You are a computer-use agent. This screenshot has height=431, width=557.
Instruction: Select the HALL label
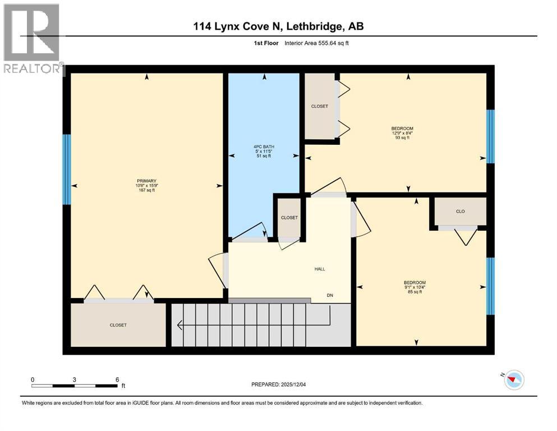tap(319, 269)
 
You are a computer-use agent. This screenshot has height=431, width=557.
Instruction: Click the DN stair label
tap(331, 295)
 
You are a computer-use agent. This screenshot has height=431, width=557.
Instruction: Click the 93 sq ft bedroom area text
tap(402, 137)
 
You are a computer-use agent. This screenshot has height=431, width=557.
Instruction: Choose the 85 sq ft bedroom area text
tap(415, 292)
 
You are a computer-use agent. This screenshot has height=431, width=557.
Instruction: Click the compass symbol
tap(513, 381)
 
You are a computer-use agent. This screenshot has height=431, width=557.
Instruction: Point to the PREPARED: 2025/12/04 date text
tap(283, 384)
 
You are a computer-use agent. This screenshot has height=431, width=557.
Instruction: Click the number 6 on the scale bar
tap(117, 379)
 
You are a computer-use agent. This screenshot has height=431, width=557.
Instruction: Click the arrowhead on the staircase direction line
tap(179, 325)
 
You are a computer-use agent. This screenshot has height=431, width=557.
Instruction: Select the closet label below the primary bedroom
tap(118, 325)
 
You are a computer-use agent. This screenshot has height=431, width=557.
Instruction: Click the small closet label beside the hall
tap(289, 218)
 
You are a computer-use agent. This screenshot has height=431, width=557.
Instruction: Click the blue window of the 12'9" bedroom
tap(490, 136)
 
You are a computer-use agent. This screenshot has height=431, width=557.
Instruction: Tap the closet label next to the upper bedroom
tap(320, 106)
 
